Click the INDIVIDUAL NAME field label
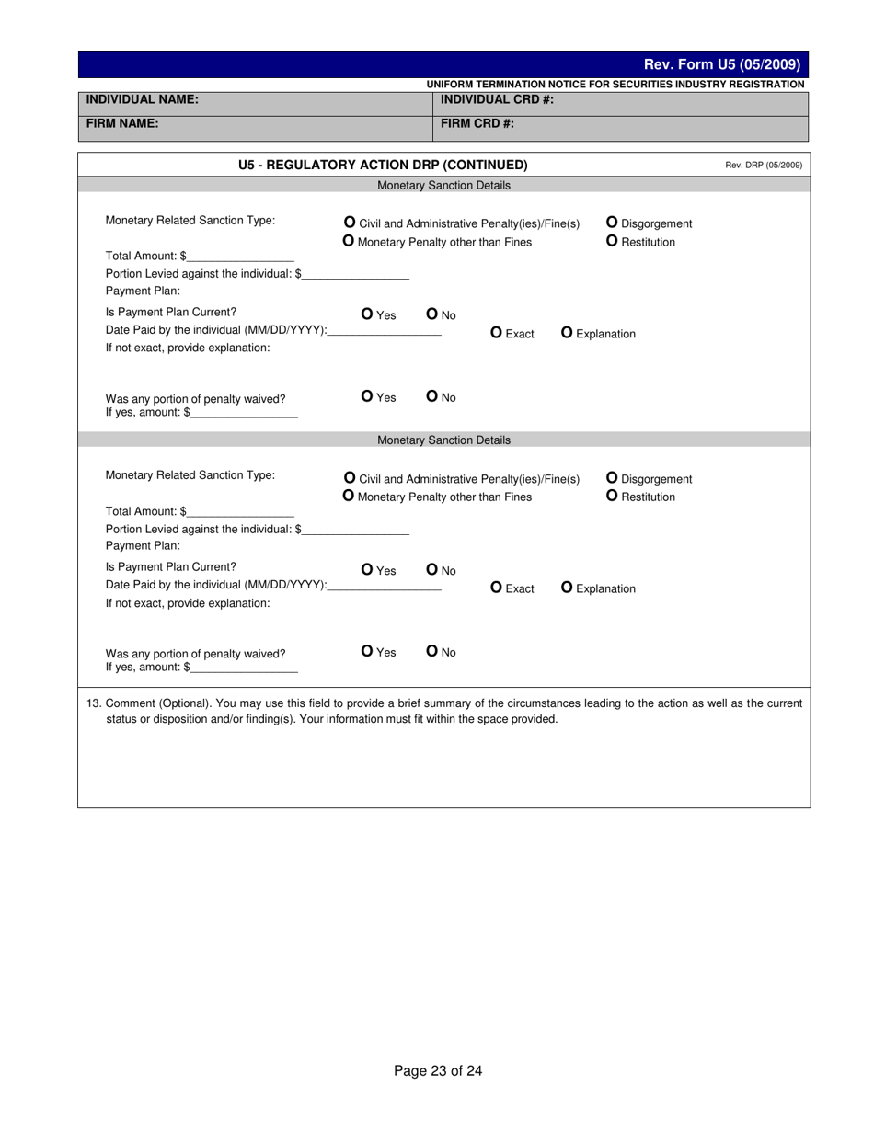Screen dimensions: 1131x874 142,99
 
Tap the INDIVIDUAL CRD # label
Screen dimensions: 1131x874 497,99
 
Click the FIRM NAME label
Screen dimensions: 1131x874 122,123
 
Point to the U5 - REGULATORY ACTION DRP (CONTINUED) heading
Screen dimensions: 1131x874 383,165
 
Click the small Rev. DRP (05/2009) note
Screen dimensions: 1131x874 764,166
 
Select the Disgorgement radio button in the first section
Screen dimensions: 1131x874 612,223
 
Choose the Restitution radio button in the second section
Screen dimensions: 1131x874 612,497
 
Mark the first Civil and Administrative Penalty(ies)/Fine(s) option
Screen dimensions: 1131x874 350,223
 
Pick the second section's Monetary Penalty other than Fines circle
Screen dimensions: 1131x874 349,497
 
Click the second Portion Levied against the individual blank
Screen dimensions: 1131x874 355,531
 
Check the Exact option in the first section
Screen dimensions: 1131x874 497,333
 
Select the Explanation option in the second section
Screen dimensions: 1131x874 567,588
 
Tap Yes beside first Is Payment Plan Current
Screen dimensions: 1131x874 368,314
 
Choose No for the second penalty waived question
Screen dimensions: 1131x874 432,652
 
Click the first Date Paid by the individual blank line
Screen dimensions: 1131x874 385,331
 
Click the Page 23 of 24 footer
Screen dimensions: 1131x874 438,1070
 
